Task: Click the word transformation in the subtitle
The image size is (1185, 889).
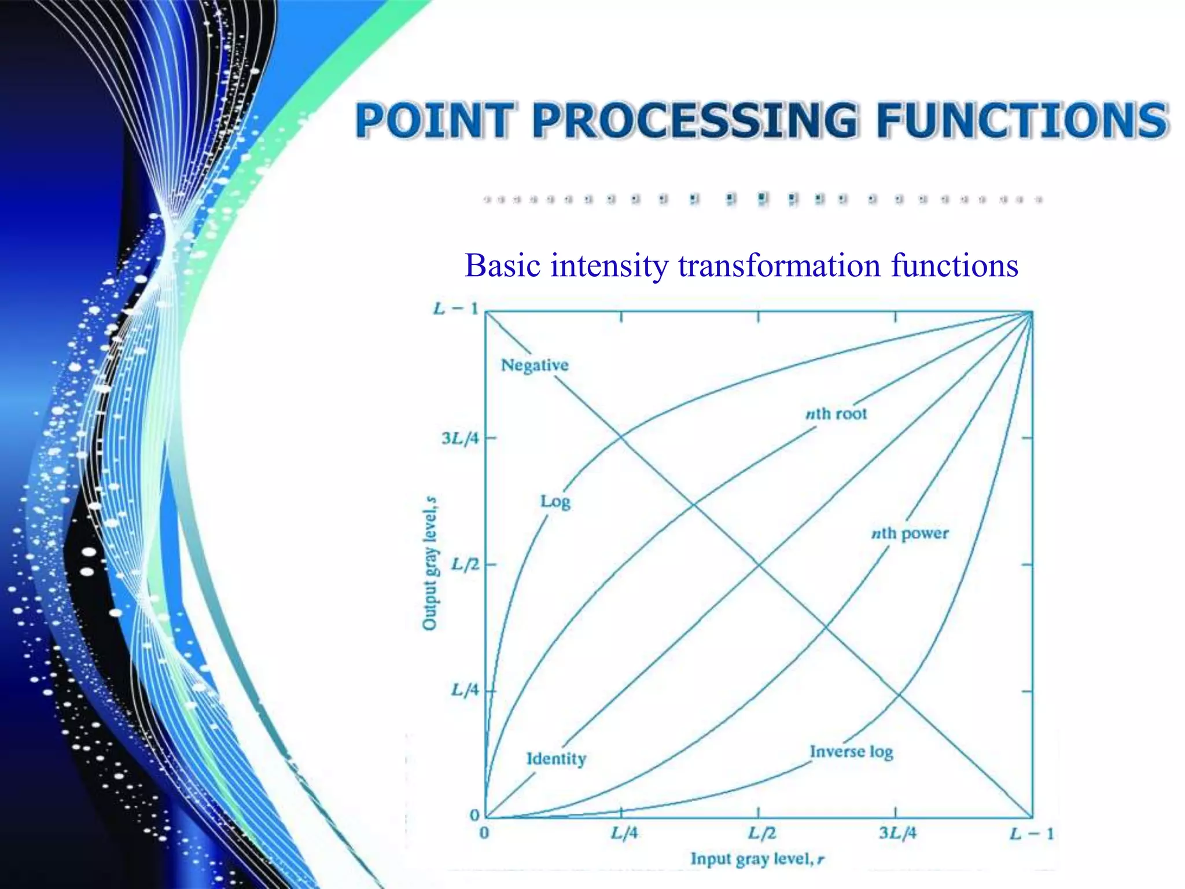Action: pos(779,266)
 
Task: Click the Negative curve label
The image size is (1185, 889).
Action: pos(535,365)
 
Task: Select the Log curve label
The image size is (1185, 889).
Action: pos(555,501)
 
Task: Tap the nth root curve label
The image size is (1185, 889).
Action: pos(836,414)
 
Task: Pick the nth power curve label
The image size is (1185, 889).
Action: pos(910,533)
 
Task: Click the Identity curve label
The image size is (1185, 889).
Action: pos(556,758)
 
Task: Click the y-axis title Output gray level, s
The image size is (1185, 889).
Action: pos(429,563)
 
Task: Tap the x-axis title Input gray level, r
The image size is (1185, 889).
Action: pos(757,859)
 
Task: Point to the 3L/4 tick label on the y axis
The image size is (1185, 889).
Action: pos(461,438)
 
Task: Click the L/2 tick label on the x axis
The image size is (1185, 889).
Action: pos(761,833)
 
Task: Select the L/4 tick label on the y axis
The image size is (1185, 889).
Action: pos(465,690)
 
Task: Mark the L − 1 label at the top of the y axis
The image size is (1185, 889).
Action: pos(456,308)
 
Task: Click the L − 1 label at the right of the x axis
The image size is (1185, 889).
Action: pos(1032,834)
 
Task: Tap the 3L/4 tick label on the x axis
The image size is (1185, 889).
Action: pos(897,833)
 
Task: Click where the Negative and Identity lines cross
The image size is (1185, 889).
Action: pos(759,565)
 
